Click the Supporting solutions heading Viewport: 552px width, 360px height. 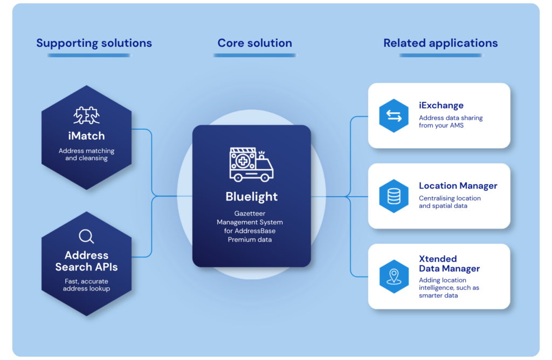click(94, 43)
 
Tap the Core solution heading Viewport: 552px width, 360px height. click(255, 43)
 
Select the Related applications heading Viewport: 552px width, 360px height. click(440, 43)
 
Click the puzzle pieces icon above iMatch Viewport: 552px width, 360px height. click(87, 115)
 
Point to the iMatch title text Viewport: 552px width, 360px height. click(87, 136)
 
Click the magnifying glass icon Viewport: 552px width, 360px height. click(87, 237)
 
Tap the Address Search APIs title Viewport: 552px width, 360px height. click(87, 261)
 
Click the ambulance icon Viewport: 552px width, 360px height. click(251, 164)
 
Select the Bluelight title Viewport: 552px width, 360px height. click(251, 196)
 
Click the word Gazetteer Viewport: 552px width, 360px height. click(250, 213)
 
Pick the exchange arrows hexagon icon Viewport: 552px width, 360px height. click(394, 116)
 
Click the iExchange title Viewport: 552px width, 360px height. click(441, 105)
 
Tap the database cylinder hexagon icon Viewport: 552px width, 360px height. click(394, 196)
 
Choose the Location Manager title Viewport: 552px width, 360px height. click(458, 185)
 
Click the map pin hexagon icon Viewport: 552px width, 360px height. click(394, 276)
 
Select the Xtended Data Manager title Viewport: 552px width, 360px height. click(449, 264)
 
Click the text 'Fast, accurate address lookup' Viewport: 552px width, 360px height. click(87, 285)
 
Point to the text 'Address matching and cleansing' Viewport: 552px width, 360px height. click(87, 155)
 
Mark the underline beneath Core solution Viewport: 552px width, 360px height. click(255, 56)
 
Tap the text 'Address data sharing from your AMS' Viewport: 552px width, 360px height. click(451, 121)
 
